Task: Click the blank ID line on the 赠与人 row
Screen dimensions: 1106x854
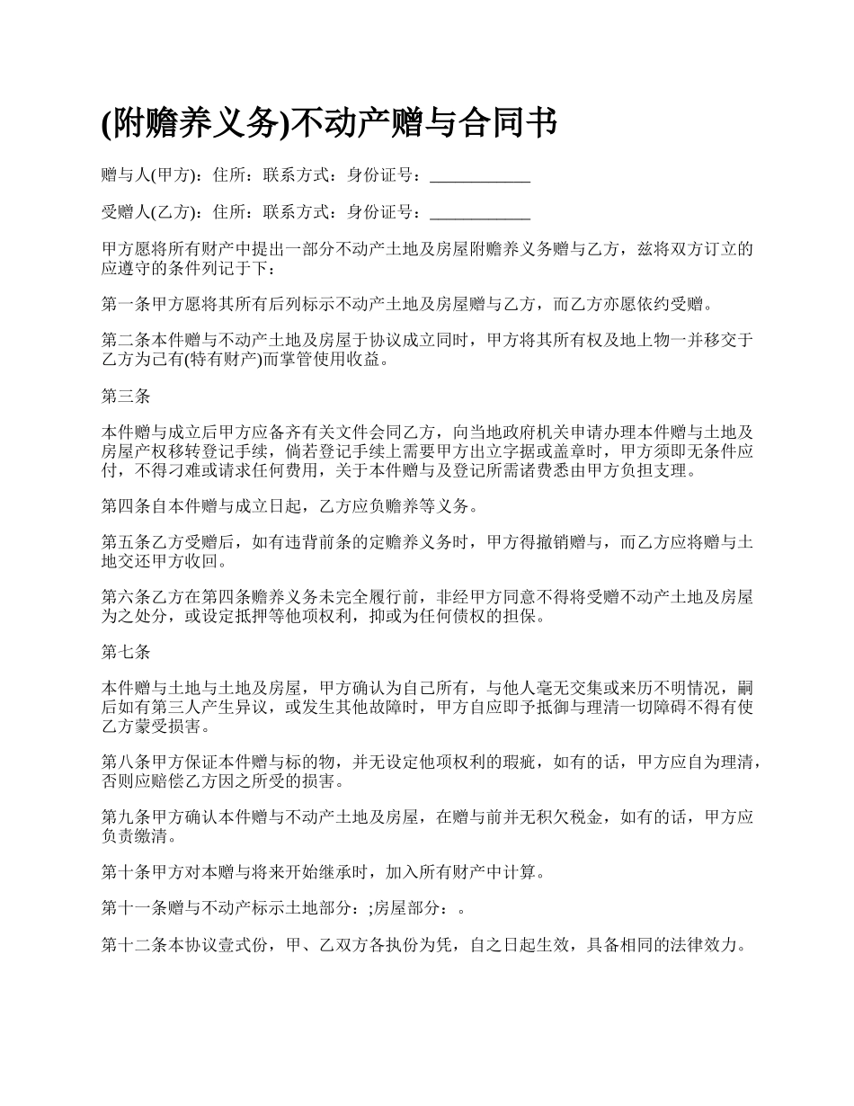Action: [x=480, y=178]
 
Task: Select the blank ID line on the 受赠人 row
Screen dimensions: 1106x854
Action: [x=480, y=214]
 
